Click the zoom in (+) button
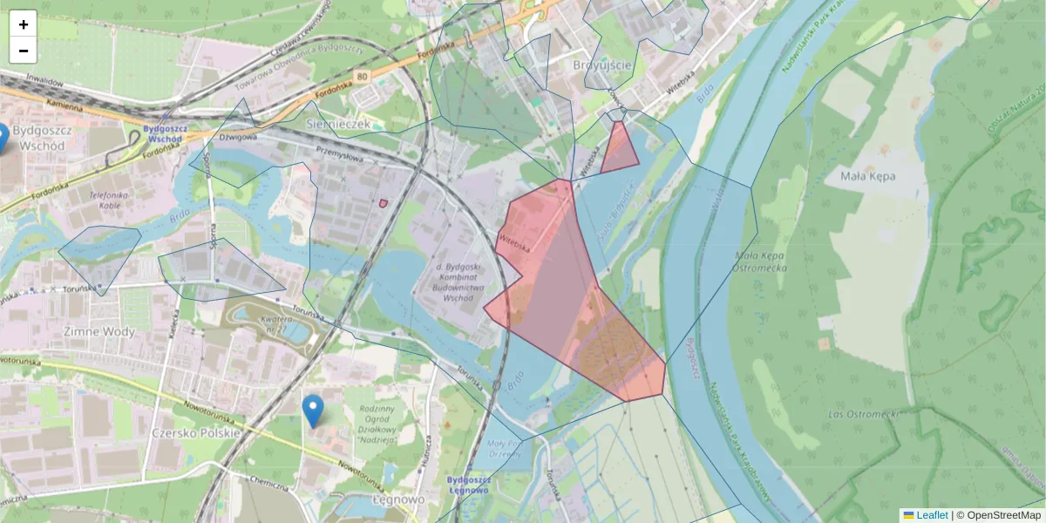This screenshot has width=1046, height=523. coord(24,24)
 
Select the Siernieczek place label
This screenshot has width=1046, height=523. coord(339,125)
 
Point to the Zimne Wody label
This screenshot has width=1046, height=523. coord(98,331)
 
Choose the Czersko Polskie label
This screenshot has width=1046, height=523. coord(196,432)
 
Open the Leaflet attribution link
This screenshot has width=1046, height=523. coord(931,515)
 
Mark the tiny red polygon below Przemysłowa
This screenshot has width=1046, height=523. coord(384,203)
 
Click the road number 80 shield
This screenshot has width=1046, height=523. coord(363,78)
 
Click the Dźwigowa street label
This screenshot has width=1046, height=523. coord(237,137)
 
